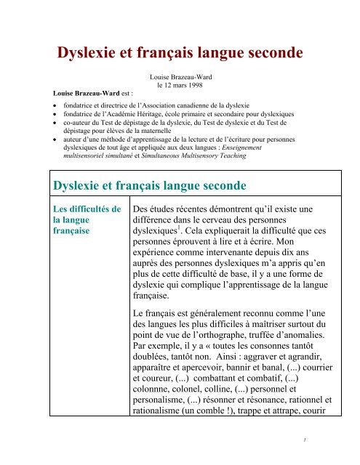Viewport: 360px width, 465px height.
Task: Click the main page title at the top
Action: click(179, 52)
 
